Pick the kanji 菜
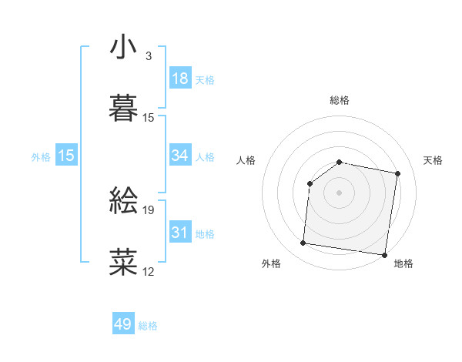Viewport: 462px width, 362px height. pyautogui.click(x=123, y=263)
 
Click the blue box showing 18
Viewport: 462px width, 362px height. pyautogui.click(x=180, y=79)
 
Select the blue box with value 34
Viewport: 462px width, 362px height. pyautogui.click(x=180, y=156)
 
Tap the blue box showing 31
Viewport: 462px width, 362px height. pyautogui.click(x=180, y=233)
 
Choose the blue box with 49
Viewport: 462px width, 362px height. pyautogui.click(x=123, y=324)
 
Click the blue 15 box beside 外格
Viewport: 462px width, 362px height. pyautogui.click(x=66, y=156)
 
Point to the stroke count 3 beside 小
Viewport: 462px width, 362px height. pyautogui.click(x=149, y=56)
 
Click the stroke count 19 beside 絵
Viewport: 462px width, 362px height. pyautogui.click(x=149, y=209)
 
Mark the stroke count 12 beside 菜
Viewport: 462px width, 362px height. pyautogui.click(x=149, y=271)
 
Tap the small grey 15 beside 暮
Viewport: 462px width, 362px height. pyautogui.click(x=149, y=118)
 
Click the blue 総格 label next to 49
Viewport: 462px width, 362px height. pyautogui.click(x=148, y=326)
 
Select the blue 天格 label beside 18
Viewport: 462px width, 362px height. pyautogui.click(x=205, y=80)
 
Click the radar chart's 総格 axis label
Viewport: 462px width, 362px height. pyautogui.click(x=339, y=100)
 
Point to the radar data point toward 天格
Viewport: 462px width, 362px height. pyautogui.click(x=398, y=174)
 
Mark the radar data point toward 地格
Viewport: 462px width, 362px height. pyautogui.click(x=383, y=254)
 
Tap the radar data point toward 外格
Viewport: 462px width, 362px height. pyautogui.click(x=303, y=243)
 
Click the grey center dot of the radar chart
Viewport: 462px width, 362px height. pyautogui.click(x=339, y=192)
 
